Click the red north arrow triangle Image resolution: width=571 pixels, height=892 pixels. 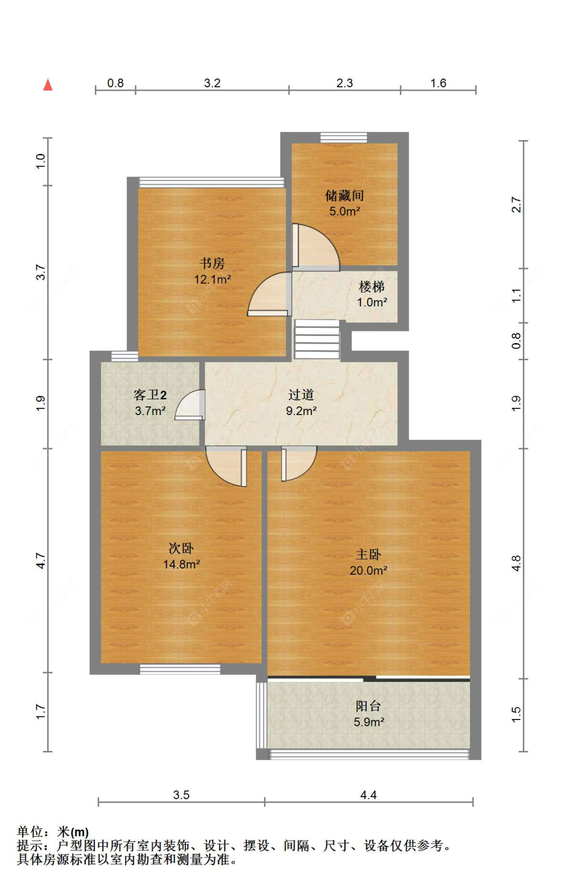(x=48, y=85)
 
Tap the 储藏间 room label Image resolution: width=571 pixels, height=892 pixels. (x=344, y=195)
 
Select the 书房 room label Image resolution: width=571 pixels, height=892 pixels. (x=212, y=263)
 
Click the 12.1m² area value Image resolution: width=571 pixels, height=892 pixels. (x=212, y=279)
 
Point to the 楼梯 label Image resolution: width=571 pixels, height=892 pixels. (x=372, y=287)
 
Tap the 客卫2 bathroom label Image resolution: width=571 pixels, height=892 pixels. (x=150, y=395)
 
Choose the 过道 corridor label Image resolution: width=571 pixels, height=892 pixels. (x=301, y=395)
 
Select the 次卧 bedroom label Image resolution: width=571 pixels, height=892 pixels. (x=181, y=548)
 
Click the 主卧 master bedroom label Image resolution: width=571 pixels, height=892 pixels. (x=368, y=554)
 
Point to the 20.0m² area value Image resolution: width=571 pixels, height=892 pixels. (x=368, y=570)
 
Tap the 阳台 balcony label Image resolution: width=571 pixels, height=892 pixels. (x=368, y=706)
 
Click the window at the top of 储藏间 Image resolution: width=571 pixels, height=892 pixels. (x=344, y=137)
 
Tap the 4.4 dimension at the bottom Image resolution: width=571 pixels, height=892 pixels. (x=368, y=795)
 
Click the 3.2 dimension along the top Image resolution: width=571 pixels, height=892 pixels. (x=212, y=83)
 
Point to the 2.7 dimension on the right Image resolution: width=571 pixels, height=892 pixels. (x=516, y=204)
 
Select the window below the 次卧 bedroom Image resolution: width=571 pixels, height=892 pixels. (x=180, y=669)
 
